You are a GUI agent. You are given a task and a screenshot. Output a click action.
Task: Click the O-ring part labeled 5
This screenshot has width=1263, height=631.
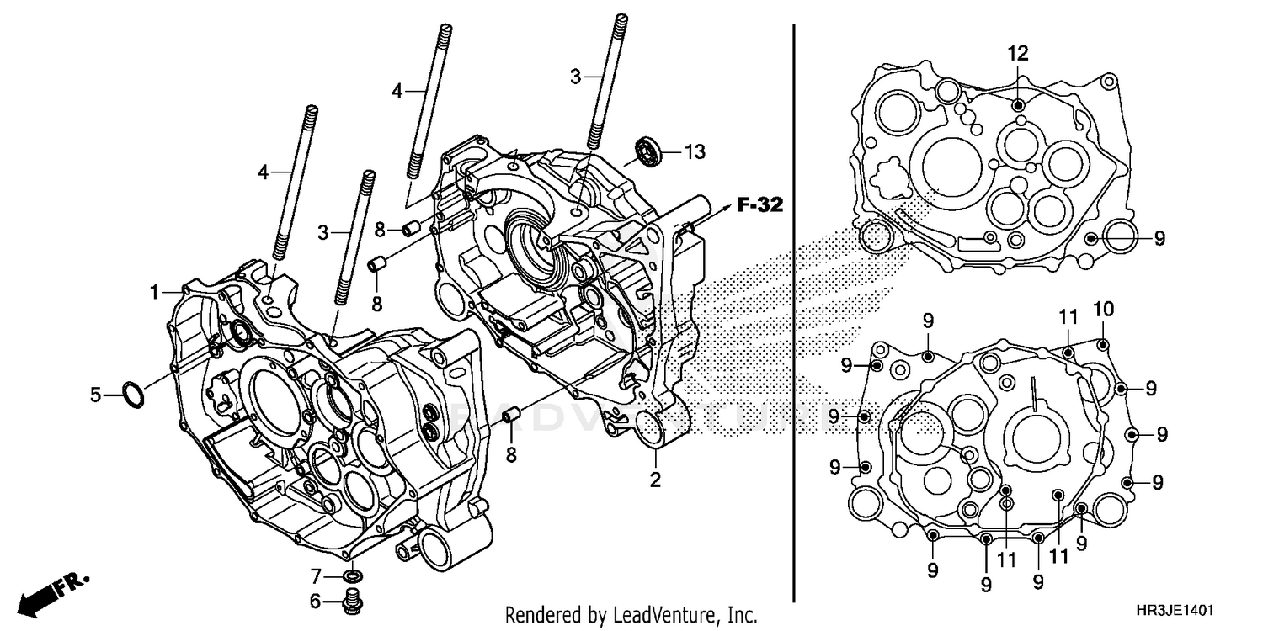[x=133, y=394]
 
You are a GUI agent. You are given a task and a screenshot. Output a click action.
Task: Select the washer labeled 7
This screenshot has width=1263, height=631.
[x=354, y=577]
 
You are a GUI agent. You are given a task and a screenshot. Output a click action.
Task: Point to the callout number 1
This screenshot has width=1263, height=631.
[x=155, y=292]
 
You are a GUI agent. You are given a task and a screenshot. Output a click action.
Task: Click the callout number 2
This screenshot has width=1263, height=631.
[x=655, y=480]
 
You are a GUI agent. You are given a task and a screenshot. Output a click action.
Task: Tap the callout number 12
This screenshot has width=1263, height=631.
[x=1018, y=54]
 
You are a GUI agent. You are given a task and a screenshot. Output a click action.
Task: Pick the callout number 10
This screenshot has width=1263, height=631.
[x=1103, y=309]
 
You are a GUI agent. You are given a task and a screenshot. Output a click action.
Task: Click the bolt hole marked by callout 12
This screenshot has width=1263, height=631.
[x=1019, y=105]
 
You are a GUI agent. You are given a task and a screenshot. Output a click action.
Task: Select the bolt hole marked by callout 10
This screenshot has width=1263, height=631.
[x=1104, y=342]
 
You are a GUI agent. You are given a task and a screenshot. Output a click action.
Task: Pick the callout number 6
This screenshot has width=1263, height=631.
[x=315, y=601]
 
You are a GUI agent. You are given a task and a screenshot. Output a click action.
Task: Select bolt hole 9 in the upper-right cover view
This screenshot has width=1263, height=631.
[x=1092, y=239]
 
